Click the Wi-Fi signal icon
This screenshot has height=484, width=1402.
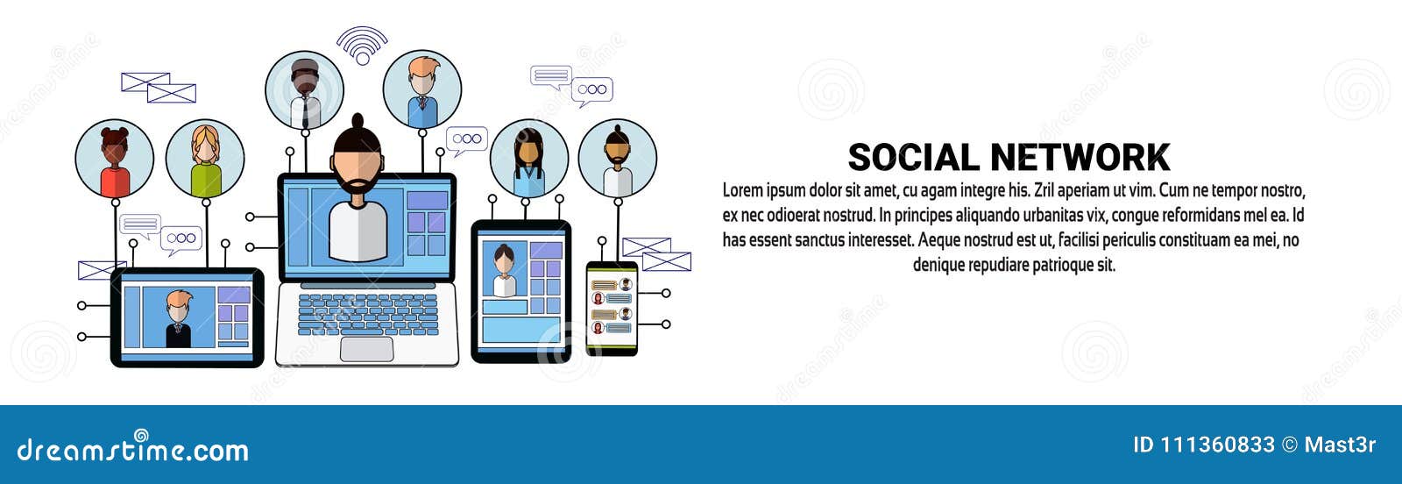tap(362, 46)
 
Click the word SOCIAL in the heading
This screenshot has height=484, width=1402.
tap(912, 158)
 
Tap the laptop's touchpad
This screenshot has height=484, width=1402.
tap(366, 348)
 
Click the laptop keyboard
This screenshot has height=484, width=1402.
tap(367, 313)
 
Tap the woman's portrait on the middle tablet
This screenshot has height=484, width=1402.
tap(504, 271)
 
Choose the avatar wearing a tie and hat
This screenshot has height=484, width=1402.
tap(305, 90)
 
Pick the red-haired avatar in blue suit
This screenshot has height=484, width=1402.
tap(422, 89)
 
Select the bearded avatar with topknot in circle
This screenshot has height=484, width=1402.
tap(618, 160)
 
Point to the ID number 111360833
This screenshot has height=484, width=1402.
tap(1217, 445)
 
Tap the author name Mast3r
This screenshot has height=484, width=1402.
tap(1340, 445)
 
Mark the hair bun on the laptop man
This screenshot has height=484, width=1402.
tap(358, 121)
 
